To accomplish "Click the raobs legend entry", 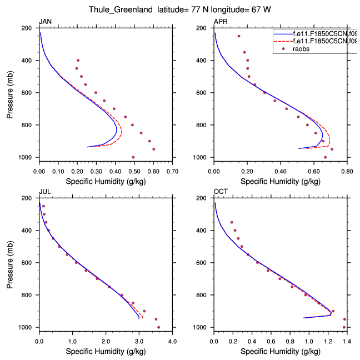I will coord(302,48).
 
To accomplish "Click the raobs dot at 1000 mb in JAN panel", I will coord(133,157).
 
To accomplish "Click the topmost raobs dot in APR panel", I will coord(239,36).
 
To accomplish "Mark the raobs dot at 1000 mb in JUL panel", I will coord(159,327).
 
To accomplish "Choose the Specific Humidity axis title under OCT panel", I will coord(279,351).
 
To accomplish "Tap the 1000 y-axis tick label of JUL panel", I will coord(29,327).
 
